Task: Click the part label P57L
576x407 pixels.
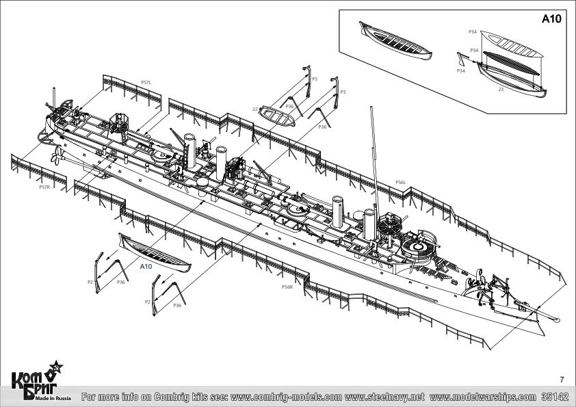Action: pyautogui.click(x=146, y=82)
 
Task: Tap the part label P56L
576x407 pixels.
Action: pyautogui.click(x=401, y=182)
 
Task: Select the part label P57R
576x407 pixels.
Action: pyautogui.click(x=44, y=187)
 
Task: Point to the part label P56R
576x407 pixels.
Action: pyautogui.click(x=287, y=287)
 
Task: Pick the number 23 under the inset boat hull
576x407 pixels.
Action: pyautogui.click(x=501, y=89)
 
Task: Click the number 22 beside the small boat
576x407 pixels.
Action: pyautogui.click(x=254, y=109)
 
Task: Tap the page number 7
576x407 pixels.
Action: pyautogui.click(x=562, y=380)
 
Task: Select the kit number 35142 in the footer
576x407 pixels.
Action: pyautogui.click(x=554, y=397)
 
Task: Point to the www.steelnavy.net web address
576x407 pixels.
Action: pyautogui.click(x=385, y=397)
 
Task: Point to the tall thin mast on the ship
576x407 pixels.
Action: pyautogui.click(x=374, y=157)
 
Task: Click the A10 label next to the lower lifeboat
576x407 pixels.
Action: pyautogui.click(x=146, y=267)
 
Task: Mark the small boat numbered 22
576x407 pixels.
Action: pyautogui.click(x=277, y=116)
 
